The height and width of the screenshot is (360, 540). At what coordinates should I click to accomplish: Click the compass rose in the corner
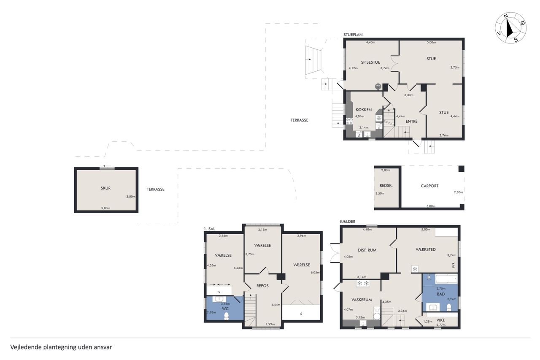(x=510, y=28)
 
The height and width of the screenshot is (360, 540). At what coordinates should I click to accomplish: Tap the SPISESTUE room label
(x=370, y=62)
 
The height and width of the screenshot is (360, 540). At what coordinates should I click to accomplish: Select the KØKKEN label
(x=364, y=110)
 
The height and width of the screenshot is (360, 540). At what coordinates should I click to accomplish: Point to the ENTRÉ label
(x=411, y=122)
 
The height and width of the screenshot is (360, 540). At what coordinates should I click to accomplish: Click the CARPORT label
(x=429, y=186)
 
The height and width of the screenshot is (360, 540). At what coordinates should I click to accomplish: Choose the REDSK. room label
(x=386, y=186)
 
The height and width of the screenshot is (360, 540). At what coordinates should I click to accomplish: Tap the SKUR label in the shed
(x=105, y=188)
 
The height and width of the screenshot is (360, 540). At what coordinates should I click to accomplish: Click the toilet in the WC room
(x=227, y=316)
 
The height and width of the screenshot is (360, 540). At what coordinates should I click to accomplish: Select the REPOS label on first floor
(x=262, y=286)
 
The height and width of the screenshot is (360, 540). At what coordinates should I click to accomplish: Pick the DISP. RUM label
(x=367, y=250)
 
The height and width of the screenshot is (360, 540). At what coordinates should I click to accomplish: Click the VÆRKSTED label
(x=426, y=249)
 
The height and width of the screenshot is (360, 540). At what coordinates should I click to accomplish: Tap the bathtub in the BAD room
(x=446, y=279)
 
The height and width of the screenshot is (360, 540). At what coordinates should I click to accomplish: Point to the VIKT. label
(x=441, y=320)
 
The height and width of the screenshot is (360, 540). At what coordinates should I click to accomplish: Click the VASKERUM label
(x=362, y=300)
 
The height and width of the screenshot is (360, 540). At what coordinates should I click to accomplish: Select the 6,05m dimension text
(x=315, y=273)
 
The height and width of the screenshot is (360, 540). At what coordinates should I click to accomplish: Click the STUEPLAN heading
(x=353, y=35)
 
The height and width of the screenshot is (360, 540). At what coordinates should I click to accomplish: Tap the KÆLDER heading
(x=348, y=221)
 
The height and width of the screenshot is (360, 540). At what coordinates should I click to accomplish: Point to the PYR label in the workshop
(x=454, y=265)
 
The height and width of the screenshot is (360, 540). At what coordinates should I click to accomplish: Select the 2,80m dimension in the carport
(x=458, y=192)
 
